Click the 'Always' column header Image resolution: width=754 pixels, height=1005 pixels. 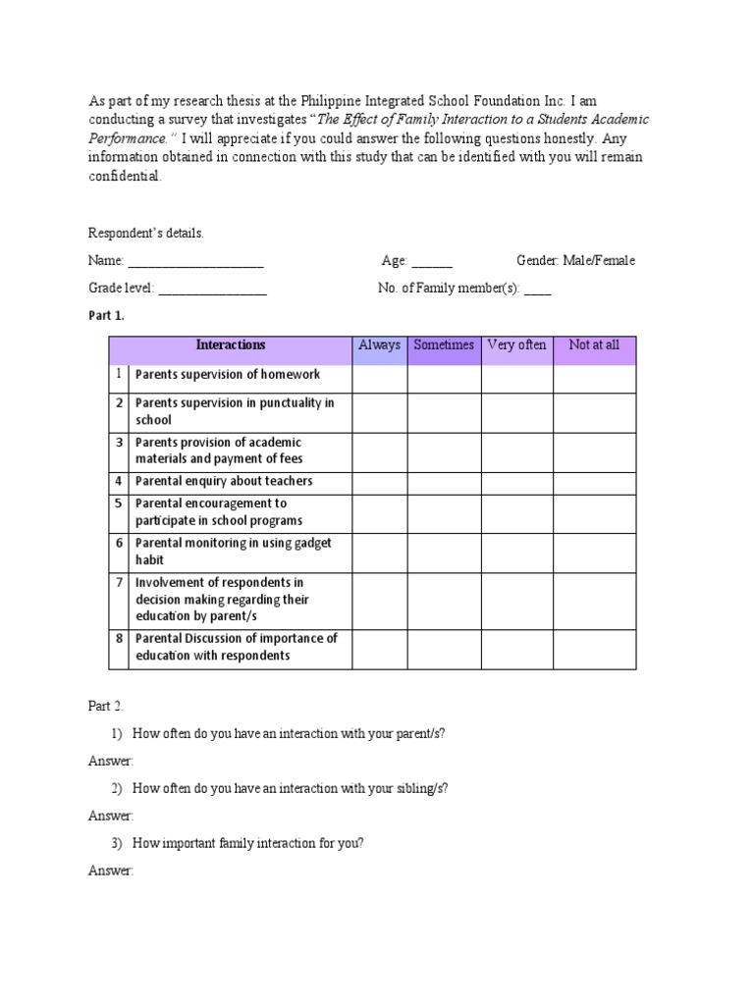pos(379,345)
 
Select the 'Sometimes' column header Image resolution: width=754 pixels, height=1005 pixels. pos(444,345)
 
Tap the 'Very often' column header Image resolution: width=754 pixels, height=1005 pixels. pos(516,345)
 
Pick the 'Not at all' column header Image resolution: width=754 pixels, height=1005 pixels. pos(594,345)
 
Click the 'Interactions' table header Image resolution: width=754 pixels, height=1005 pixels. pos(231,345)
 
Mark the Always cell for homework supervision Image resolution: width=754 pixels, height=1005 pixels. pos(379,378)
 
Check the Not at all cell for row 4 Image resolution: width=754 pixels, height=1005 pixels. pos(594,482)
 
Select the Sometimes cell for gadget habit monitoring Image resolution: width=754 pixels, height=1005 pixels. pos(444,553)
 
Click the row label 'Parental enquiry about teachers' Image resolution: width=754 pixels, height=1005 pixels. pos(224,482)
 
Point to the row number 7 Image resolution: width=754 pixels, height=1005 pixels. pos(118,583)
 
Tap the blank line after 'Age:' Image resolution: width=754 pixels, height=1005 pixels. pos(432,262)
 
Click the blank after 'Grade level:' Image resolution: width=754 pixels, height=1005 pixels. pos(212,290)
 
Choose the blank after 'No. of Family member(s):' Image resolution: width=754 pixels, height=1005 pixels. pos(538,290)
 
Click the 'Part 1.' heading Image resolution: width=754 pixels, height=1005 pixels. pos(106,316)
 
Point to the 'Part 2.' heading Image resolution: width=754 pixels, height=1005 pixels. pos(106,706)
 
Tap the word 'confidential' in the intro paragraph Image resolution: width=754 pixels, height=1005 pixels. pos(124,178)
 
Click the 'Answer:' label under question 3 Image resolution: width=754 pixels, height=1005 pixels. pos(111,871)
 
